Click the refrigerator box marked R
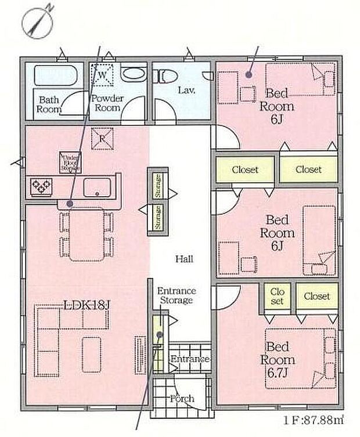coord(102,138)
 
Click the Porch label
coord(182,399)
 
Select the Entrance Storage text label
coord(177,295)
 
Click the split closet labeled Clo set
coord(276,296)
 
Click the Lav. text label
coord(186,91)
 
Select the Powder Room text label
coord(107,103)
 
